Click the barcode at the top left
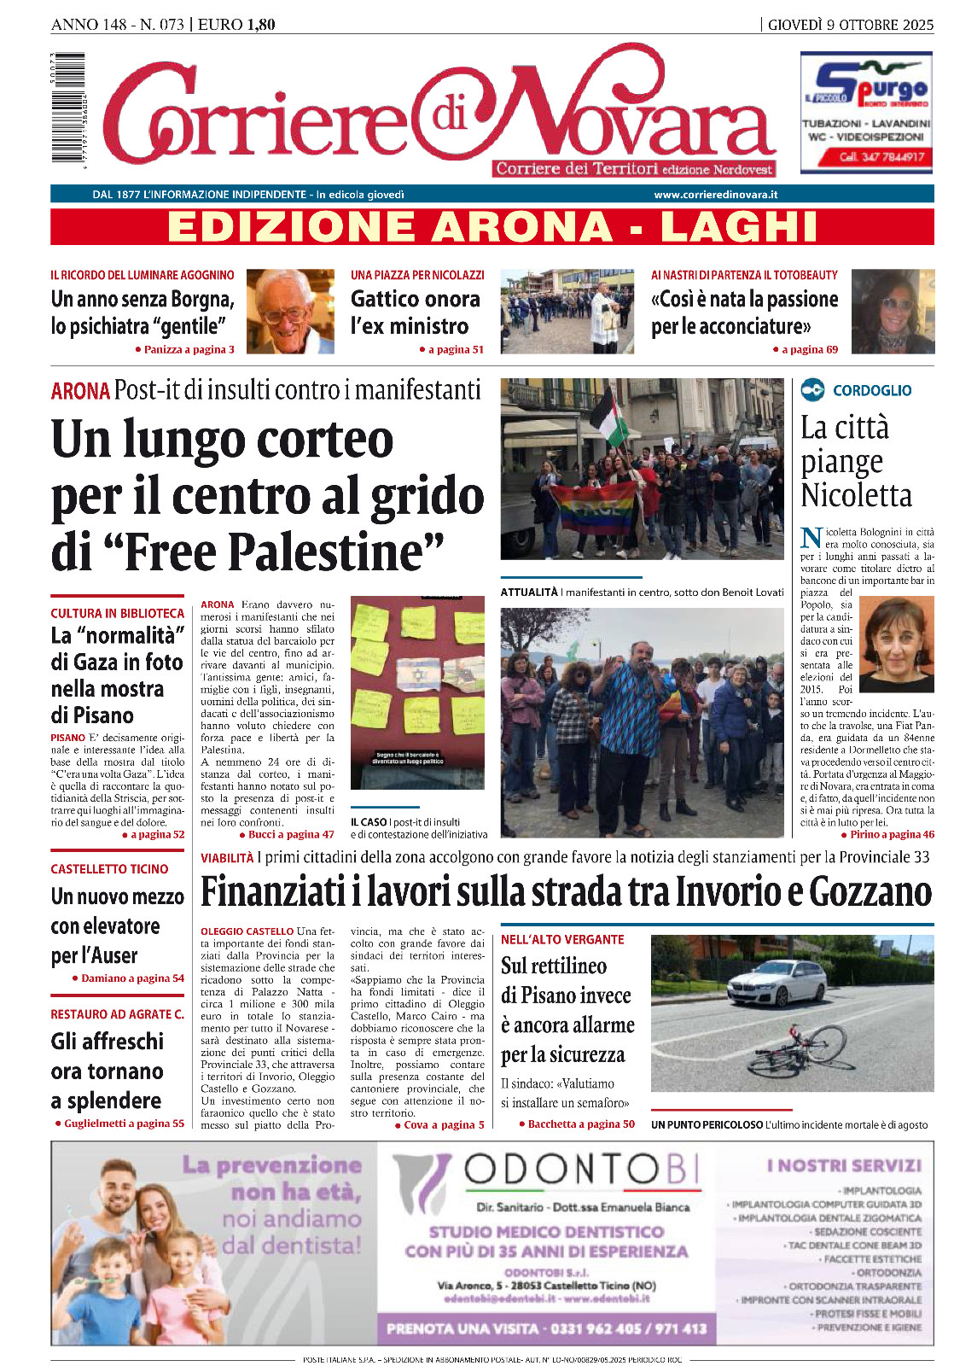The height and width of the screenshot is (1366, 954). [67, 108]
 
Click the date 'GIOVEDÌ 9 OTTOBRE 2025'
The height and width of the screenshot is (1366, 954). [851, 25]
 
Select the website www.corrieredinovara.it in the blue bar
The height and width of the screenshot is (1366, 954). [715, 195]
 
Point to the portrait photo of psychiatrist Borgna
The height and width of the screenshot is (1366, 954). [290, 312]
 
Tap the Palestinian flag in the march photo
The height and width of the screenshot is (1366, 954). [609, 417]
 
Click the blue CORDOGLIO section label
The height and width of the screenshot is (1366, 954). [871, 390]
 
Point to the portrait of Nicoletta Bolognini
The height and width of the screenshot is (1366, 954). [896, 645]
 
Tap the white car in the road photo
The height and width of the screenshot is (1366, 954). [776, 984]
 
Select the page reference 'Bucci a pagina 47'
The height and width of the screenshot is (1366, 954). [291, 834]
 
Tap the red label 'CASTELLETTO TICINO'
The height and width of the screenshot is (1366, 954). [109, 869]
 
